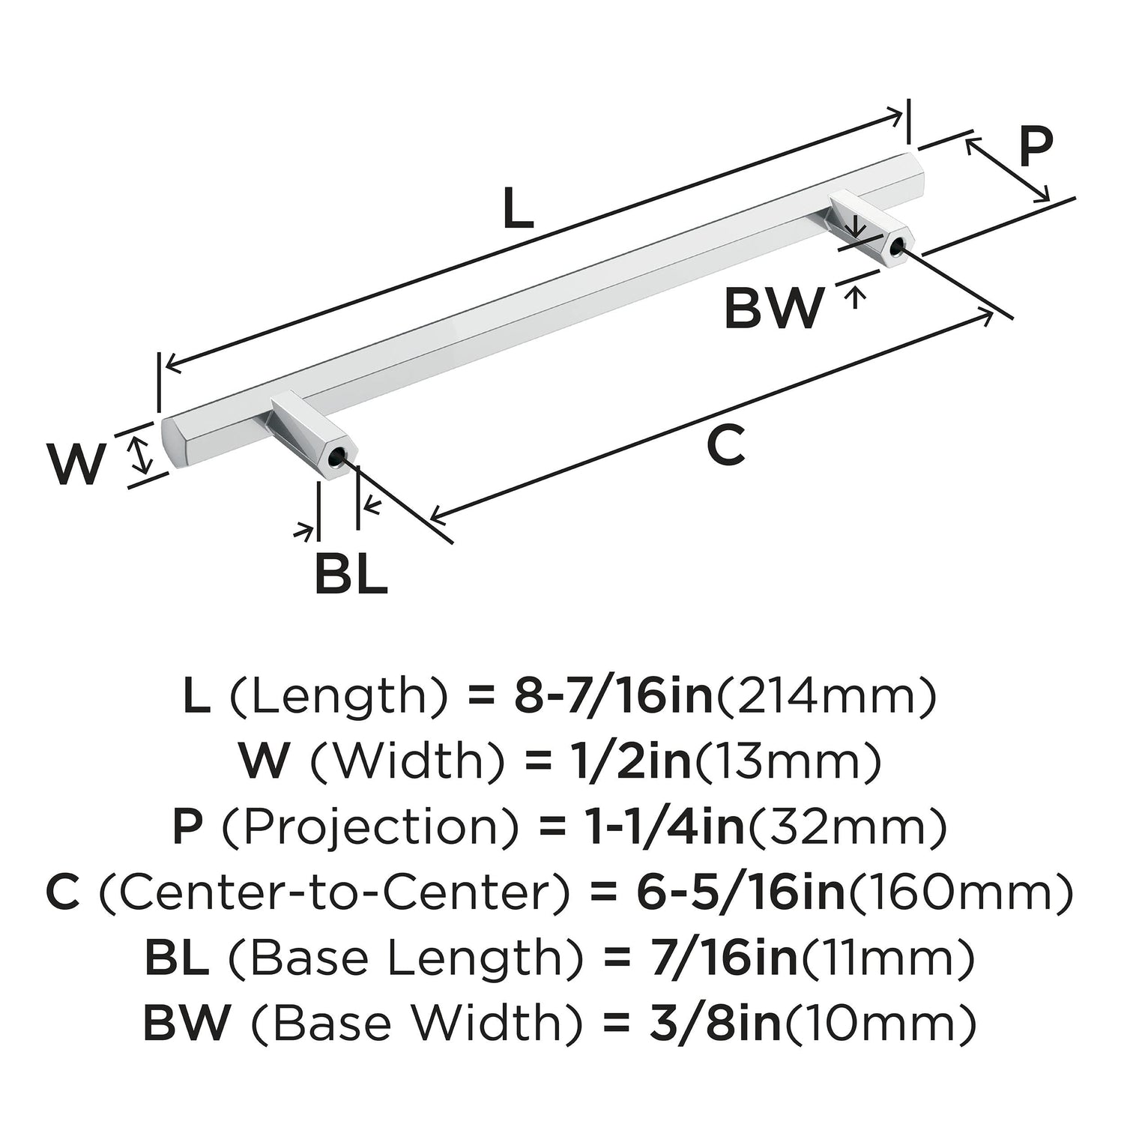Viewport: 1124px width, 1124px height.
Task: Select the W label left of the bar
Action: tap(76, 465)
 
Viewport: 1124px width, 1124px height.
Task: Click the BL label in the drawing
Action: tap(351, 575)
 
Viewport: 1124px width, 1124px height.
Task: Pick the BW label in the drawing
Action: tap(773, 308)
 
